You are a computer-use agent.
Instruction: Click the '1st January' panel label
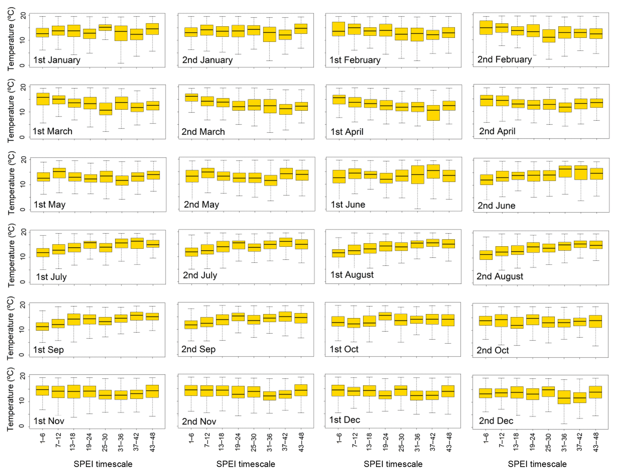[57, 60]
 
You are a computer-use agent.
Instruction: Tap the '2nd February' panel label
[504, 59]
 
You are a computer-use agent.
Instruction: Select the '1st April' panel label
[347, 132]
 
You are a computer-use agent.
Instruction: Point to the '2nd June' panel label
[496, 205]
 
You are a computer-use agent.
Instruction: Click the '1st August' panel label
[352, 275]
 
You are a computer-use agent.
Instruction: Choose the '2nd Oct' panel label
[493, 350]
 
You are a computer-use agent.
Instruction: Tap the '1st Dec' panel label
[344, 420]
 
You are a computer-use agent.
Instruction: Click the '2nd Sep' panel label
[199, 349]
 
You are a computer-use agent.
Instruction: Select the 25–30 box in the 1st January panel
[105, 27]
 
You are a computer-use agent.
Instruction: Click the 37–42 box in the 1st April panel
[433, 113]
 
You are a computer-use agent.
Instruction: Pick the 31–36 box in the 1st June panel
[418, 175]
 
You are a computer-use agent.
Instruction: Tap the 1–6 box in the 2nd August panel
[486, 255]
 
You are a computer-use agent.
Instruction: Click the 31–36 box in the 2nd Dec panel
[564, 397]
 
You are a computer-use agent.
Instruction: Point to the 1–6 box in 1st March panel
[43, 99]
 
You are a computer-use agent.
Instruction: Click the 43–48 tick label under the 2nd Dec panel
[596, 442]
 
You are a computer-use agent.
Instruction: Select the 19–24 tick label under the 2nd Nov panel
[238, 442]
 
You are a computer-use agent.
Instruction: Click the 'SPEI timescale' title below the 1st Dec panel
[393, 464]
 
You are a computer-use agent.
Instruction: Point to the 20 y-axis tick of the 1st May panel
[23, 160]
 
